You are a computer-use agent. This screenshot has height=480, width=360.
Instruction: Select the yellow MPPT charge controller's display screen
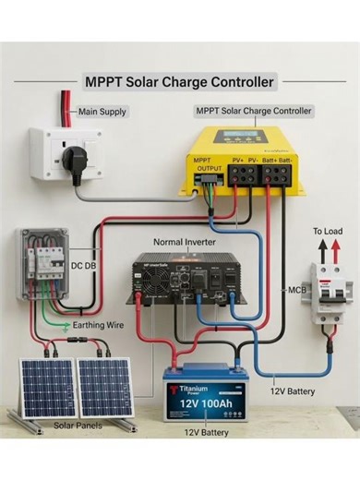pos(229,138)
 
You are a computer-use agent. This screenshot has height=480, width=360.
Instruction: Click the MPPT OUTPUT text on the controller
pos(206,165)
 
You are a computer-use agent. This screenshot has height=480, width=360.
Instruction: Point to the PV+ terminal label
pos(238,161)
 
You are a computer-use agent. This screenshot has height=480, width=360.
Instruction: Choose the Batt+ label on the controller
pos(270,161)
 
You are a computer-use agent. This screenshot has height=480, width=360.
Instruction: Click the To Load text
pos(329,231)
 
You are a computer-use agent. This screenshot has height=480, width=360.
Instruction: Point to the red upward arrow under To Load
pos(322,250)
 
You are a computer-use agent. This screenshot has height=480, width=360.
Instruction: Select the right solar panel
pos(105,386)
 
